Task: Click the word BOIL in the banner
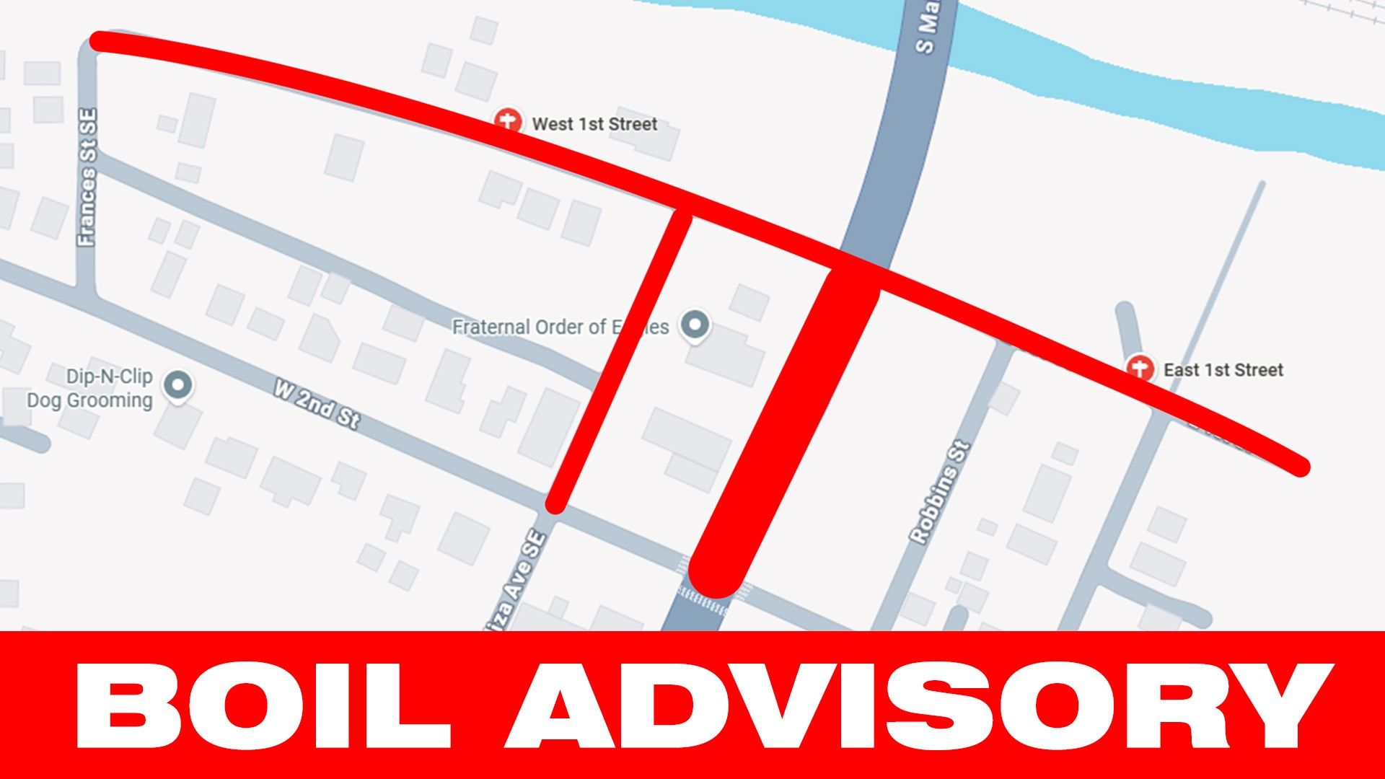tap(263, 705)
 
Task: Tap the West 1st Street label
tap(594, 124)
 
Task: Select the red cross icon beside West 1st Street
tap(508, 120)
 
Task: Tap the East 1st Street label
tap(1223, 370)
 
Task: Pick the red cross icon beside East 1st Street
tap(1140, 368)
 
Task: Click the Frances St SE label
tap(87, 177)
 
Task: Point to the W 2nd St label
tap(317, 405)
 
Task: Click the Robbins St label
tap(939, 492)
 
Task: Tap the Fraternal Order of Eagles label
tap(560, 327)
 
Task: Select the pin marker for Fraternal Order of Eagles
tap(695, 325)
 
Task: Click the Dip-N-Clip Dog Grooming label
tap(90, 388)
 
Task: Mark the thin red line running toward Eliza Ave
tap(620, 361)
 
